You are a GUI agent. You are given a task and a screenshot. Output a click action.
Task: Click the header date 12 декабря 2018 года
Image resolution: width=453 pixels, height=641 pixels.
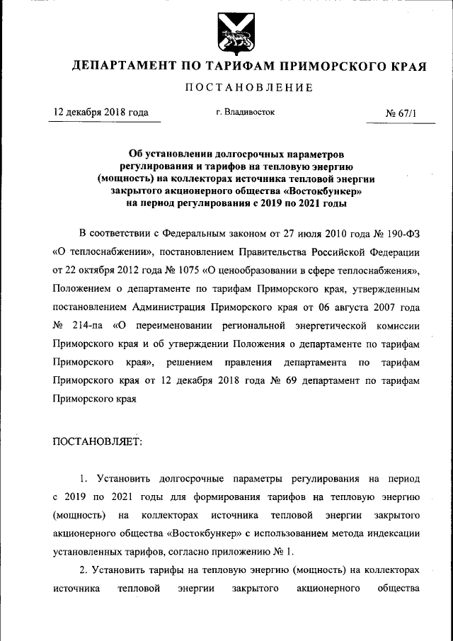pos(102,112)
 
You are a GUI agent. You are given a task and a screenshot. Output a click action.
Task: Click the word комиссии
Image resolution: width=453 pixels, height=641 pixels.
pos(405,325)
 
